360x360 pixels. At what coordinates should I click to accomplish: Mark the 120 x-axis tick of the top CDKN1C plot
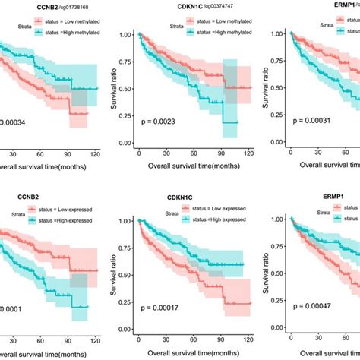tap(248, 153)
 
